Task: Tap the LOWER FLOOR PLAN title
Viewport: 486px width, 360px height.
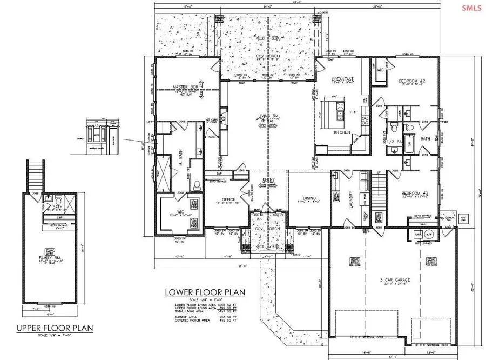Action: (205, 292)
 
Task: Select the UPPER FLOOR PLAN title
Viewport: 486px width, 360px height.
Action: (54, 328)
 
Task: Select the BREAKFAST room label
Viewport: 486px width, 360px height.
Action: (342, 79)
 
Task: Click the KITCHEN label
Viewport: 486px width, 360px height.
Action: (342, 132)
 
